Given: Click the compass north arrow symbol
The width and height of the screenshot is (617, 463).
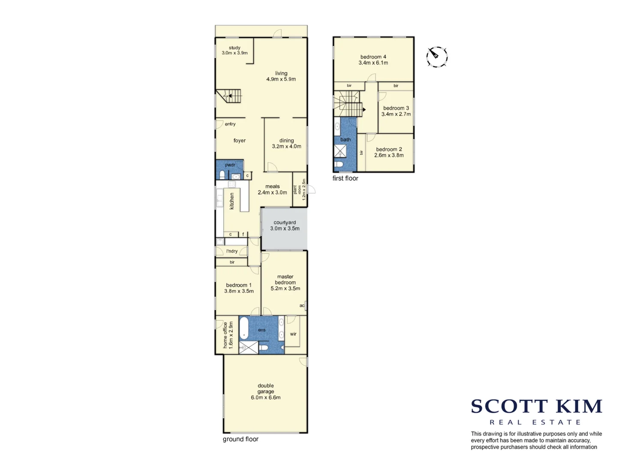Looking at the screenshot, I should (x=437, y=57).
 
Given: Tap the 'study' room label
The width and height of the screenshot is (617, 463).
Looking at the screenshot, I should (x=234, y=48).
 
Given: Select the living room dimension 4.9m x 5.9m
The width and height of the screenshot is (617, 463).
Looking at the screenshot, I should (x=281, y=79).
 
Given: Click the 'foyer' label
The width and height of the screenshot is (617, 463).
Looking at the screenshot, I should (x=240, y=141).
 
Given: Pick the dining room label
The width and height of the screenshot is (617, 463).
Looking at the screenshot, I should (x=287, y=141).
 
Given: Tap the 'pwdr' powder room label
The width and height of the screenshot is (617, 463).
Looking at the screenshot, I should (x=230, y=165).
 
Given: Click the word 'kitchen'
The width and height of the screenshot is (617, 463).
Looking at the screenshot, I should (x=232, y=201).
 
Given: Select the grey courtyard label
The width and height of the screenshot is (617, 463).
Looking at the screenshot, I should (x=285, y=222).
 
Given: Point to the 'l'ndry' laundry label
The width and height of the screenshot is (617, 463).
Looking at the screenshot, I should (x=232, y=251).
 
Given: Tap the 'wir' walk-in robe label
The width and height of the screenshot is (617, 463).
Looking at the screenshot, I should (x=293, y=334).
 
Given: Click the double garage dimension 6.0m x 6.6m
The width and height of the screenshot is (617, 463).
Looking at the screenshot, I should (x=266, y=397).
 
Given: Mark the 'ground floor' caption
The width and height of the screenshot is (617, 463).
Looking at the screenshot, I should (x=240, y=439).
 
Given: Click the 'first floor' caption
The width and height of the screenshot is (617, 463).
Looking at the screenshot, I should (x=345, y=178).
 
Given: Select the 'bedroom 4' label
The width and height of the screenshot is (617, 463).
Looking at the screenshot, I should (x=373, y=57).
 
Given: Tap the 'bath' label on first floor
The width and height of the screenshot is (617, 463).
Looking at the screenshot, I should (x=345, y=139).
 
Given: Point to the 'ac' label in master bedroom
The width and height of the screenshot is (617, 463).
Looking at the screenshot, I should (x=302, y=306).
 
